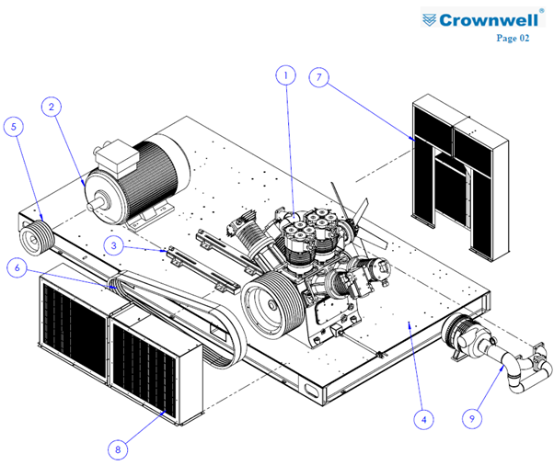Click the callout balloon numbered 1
coord(285,75)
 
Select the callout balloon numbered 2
coord(52,107)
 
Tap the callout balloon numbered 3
coord(114,245)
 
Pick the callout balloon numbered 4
coord(424,419)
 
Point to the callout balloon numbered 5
coord(14,127)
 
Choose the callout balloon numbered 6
coord(17,267)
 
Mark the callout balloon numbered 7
coord(319,77)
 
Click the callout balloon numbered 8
coord(118,449)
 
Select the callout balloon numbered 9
coord(472,418)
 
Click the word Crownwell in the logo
coord(489,20)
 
